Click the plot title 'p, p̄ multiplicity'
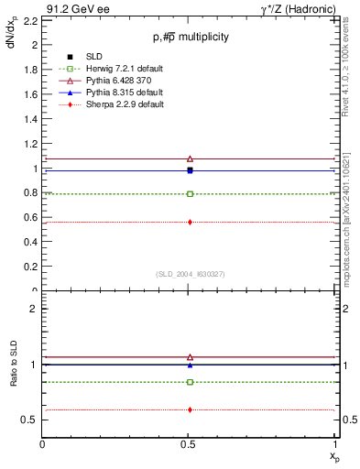(191, 37)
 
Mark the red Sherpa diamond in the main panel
(190, 222)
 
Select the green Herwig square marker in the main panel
(190, 194)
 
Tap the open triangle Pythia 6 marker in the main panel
(190, 158)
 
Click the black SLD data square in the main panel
(190, 169)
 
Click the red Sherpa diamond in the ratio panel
(190, 409)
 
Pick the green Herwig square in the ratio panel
(190, 382)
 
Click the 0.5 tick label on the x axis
(189, 443)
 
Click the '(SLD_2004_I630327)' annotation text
(190, 274)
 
